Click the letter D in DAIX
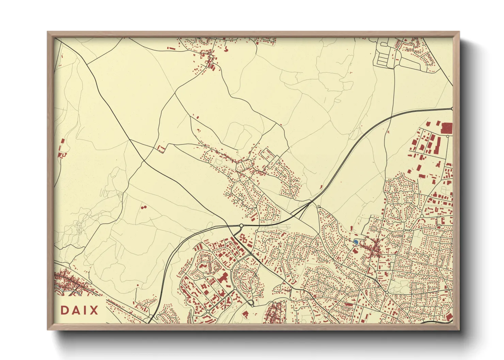pos(65,310)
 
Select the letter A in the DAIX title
pos(76,310)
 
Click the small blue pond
pos(356,242)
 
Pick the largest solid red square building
pos(446,128)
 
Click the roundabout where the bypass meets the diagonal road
pos(241,226)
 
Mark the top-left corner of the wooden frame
pos(48,32)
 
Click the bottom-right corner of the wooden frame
pos(459,330)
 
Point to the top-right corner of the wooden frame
pos(459,32)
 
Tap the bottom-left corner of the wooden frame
pos(48,330)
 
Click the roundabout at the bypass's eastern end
pos(452,109)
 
